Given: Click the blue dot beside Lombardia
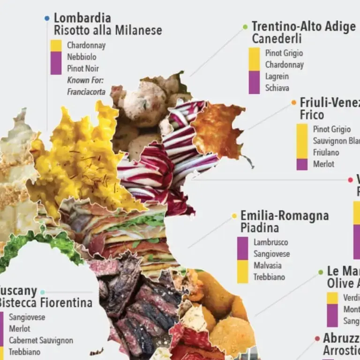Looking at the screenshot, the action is (x=46, y=18).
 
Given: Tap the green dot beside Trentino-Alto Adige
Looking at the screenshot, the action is (x=245, y=27).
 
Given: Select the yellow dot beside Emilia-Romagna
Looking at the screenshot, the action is (x=234, y=216).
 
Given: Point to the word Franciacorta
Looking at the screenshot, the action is (x=86, y=91).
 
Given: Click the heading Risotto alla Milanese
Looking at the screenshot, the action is (x=108, y=31).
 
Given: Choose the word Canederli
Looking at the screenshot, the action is (x=277, y=38).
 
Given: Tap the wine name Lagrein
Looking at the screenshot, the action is (x=277, y=76).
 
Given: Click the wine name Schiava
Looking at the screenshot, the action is (x=277, y=88).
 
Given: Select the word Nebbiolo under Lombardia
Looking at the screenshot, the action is (x=82, y=57).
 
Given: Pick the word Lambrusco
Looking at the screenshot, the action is (x=271, y=242).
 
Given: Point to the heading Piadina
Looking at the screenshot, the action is (x=260, y=228).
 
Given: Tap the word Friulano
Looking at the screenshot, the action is (x=326, y=152).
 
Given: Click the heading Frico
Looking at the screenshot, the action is (x=312, y=114).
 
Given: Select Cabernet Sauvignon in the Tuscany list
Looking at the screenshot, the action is (x=41, y=340).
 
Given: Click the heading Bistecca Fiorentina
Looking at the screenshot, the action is (x=45, y=303).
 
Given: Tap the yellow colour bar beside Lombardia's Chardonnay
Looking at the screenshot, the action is (x=56, y=45).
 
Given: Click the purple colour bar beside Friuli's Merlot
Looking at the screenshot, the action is (x=302, y=164).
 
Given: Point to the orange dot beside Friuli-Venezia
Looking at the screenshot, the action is (x=294, y=103).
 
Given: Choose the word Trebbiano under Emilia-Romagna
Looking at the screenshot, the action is (x=269, y=277).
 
